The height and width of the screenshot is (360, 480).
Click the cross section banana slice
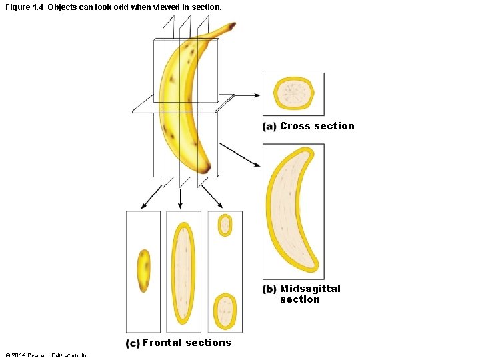[x=294, y=93]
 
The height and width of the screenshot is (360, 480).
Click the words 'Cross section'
[x=317, y=126]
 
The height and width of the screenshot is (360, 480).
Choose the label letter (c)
[x=133, y=343]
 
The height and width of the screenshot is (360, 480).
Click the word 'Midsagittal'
[x=310, y=289]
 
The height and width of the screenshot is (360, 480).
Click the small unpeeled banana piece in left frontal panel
[x=143, y=270]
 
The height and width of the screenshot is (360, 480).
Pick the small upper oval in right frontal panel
[x=225, y=225]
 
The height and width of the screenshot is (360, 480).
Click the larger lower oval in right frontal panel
[x=225, y=311]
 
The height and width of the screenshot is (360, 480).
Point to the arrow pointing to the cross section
[x=247, y=95]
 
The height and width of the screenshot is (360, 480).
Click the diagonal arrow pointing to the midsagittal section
[x=240, y=154]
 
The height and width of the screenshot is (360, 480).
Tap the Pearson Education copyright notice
[x=47, y=355]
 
